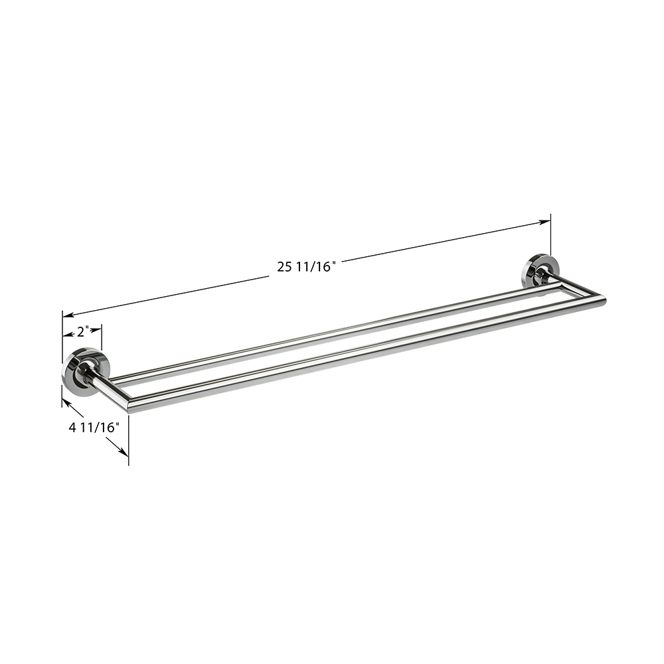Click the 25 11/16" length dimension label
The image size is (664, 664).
point(307,267)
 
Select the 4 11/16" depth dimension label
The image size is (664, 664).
point(92,428)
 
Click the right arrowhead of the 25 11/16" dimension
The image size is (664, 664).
point(544,222)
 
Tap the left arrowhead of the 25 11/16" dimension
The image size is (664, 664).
point(68,315)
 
